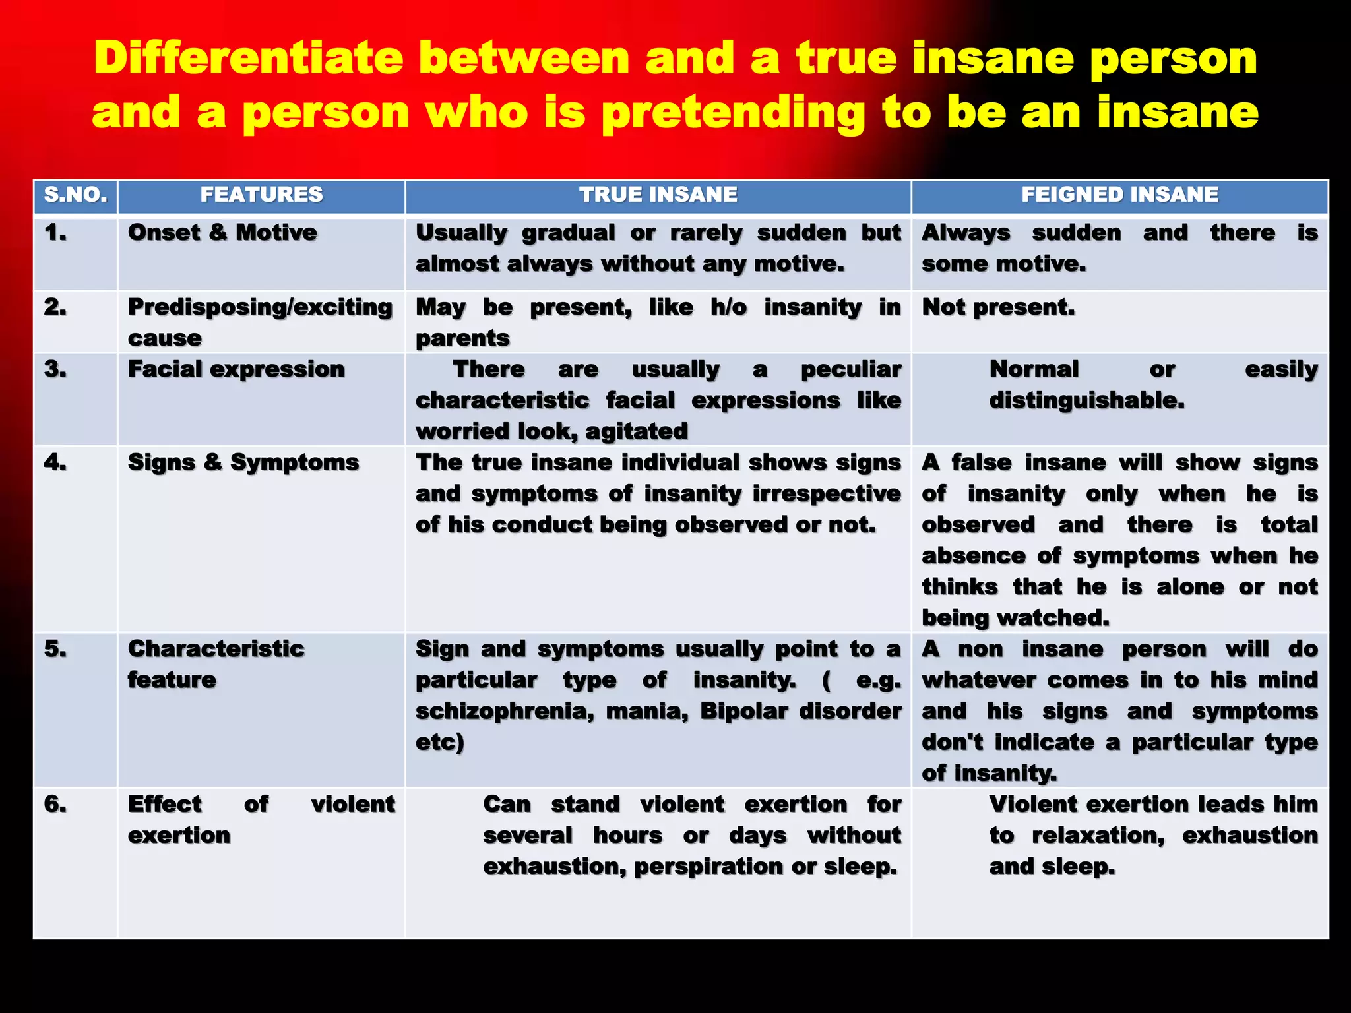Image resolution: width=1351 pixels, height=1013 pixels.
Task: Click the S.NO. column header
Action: click(75, 195)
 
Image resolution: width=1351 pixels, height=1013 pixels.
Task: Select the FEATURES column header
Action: click(261, 195)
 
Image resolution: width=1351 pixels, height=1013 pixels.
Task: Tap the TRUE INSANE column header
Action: click(658, 195)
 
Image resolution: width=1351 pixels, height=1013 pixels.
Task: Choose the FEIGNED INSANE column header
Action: click(1119, 195)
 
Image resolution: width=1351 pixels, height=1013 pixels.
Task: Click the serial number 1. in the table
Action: click(55, 233)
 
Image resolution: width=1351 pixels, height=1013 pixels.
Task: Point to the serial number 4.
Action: click(55, 462)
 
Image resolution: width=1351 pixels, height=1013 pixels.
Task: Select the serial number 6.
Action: click(55, 804)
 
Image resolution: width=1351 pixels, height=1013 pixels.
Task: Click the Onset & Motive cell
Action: click(222, 233)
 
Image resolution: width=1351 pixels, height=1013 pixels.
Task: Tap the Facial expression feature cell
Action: click(236, 369)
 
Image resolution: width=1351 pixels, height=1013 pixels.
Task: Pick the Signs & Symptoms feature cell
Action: click(243, 462)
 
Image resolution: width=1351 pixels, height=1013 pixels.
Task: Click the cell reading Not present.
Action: click(998, 307)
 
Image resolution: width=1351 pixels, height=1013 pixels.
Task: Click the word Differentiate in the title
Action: click(248, 58)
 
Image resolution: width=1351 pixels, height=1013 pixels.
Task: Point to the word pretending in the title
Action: click(734, 113)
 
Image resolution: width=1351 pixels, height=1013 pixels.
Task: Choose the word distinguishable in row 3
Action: click(1086, 400)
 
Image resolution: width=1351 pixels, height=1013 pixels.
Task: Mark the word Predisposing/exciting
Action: click(260, 307)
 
